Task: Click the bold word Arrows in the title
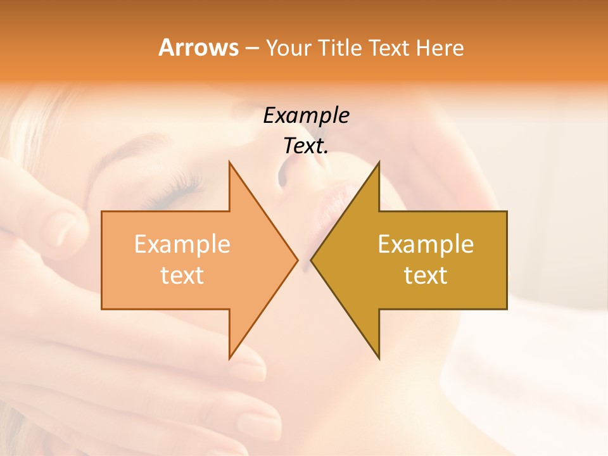[x=198, y=47]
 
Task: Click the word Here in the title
[x=440, y=48]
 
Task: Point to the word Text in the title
[x=390, y=48]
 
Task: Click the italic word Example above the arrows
[x=306, y=115]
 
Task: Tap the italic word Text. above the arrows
[x=306, y=146]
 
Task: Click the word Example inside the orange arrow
[x=182, y=244]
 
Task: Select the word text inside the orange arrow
[x=182, y=275]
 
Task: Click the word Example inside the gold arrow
[x=426, y=244]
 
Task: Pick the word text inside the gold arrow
[x=426, y=275]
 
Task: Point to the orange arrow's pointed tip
[x=296, y=260]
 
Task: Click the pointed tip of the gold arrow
[x=312, y=260]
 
